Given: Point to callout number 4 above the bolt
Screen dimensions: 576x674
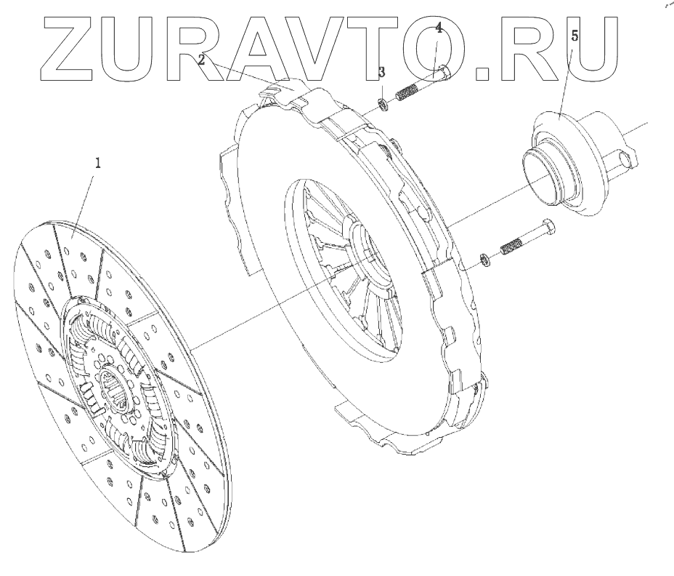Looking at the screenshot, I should click(x=439, y=28).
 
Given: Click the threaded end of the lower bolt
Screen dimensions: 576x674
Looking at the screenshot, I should click(x=511, y=247).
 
